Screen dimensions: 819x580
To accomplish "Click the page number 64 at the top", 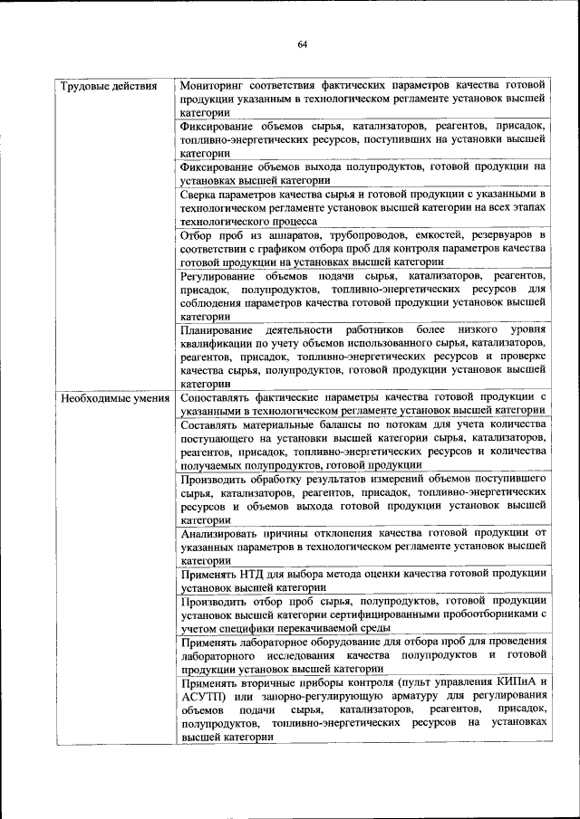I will click(302, 45).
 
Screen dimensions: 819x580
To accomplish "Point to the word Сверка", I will click(198, 195).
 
